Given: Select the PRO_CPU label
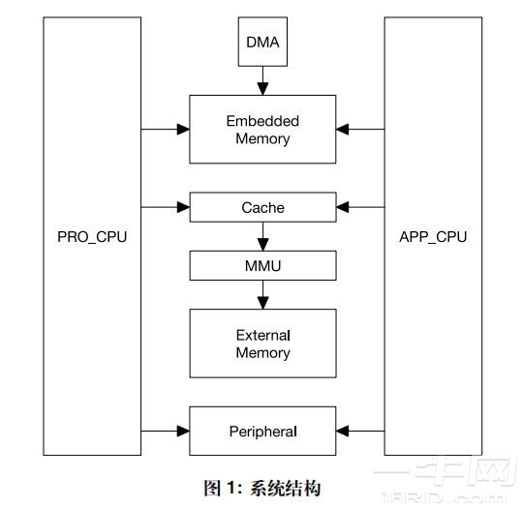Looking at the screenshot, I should [x=92, y=236].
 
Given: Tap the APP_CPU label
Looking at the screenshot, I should [x=433, y=236].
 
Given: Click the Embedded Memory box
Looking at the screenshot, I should [x=262, y=129].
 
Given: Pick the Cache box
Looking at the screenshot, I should [x=262, y=207].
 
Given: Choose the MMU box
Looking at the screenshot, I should [x=262, y=265].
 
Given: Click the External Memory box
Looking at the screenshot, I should [x=262, y=344].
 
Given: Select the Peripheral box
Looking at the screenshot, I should [x=262, y=431].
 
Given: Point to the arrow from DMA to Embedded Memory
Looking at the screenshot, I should [x=262, y=78].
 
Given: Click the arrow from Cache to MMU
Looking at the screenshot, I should [x=262, y=236].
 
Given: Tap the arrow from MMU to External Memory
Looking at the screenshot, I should [x=262, y=294].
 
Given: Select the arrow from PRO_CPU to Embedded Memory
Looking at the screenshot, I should [x=165, y=129].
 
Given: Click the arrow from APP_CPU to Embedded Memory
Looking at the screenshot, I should [x=360, y=129].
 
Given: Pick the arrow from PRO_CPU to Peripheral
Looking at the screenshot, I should [x=165, y=431].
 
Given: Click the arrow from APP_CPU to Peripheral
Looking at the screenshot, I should [x=360, y=431].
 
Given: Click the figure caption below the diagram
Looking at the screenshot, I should [x=261, y=486].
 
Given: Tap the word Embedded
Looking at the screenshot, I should [x=262, y=121].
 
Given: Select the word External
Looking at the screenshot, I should [x=262, y=336].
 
